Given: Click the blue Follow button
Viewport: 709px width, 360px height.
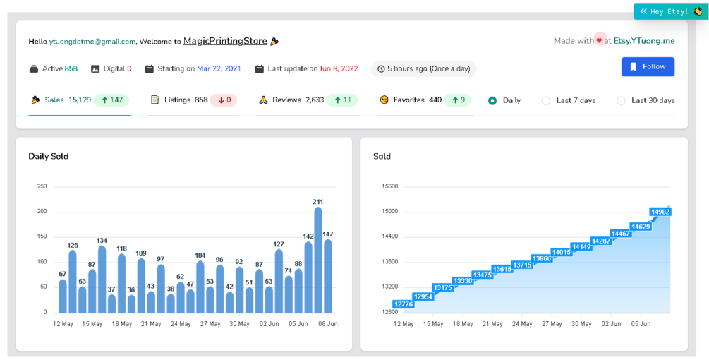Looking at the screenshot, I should [x=648, y=66].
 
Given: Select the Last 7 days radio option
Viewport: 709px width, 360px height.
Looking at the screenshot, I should [x=545, y=100].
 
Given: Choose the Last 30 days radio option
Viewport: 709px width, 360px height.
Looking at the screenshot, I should [x=621, y=100].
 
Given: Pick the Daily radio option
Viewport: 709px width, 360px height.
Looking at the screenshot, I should [x=492, y=100].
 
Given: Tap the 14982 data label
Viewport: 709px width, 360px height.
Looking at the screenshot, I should [x=660, y=212].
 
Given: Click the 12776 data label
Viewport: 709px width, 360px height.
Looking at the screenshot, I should [x=404, y=304].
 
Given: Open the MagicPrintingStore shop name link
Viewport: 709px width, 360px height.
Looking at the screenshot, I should [x=225, y=41].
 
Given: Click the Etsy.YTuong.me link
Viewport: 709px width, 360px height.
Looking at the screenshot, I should [x=644, y=41].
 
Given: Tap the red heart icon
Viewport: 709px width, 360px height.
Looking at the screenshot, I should [x=600, y=41].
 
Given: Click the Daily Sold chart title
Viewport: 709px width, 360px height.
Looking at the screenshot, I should [x=48, y=156].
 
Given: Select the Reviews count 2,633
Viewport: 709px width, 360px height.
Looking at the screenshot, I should [x=315, y=100].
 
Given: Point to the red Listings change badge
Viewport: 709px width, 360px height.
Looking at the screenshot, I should [x=223, y=100].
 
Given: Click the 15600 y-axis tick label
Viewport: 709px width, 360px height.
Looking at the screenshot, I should [x=389, y=186].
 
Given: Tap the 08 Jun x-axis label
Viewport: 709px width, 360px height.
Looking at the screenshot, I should [x=328, y=324].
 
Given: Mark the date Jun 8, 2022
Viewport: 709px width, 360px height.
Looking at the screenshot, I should [x=339, y=68].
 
